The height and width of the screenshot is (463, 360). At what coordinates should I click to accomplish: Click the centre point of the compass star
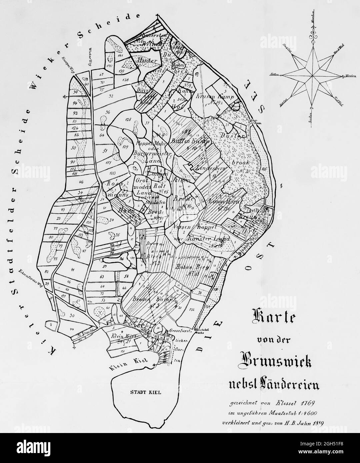coord(313,76)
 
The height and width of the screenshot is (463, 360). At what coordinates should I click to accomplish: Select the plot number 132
coord(191,310)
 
